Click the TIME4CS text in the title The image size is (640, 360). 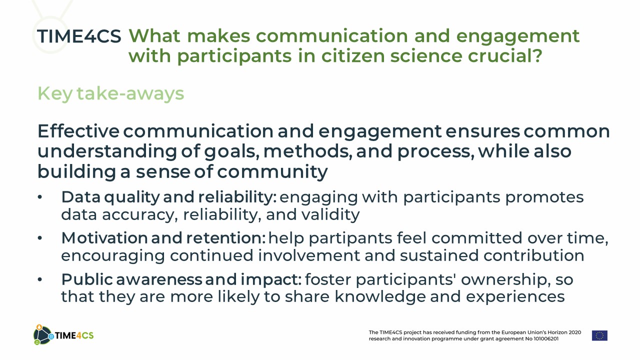pyautogui.click(x=79, y=36)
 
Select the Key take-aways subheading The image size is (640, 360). pyautogui.click(x=111, y=93)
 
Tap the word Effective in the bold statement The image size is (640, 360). pyautogui.click(x=78, y=131)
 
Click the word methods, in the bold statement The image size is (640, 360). pyautogui.click(x=307, y=151)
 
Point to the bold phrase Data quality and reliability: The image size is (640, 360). pyautogui.click(x=169, y=197)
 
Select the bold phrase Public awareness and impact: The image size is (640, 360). pyautogui.click(x=181, y=279)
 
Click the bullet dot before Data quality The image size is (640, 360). pyautogui.click(x=39, y=197)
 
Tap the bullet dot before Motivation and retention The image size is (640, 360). pyautogui.click(x=39, y=238)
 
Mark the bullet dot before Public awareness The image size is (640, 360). pyautogui.click(x=39, y=279)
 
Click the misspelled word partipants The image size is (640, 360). pyautogui.click(x=350, y=238)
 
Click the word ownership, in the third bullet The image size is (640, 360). pyautogui.click(x=505, y=279)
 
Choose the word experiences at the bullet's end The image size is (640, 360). pyautogui.click(x=515, y=297)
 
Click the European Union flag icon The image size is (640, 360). pyautogui.click(x=599, y=335)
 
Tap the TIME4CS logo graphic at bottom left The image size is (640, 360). pyautogui.click(x=63, y=335)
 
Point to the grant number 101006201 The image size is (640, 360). pyautogui.click(x=545, y=339)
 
